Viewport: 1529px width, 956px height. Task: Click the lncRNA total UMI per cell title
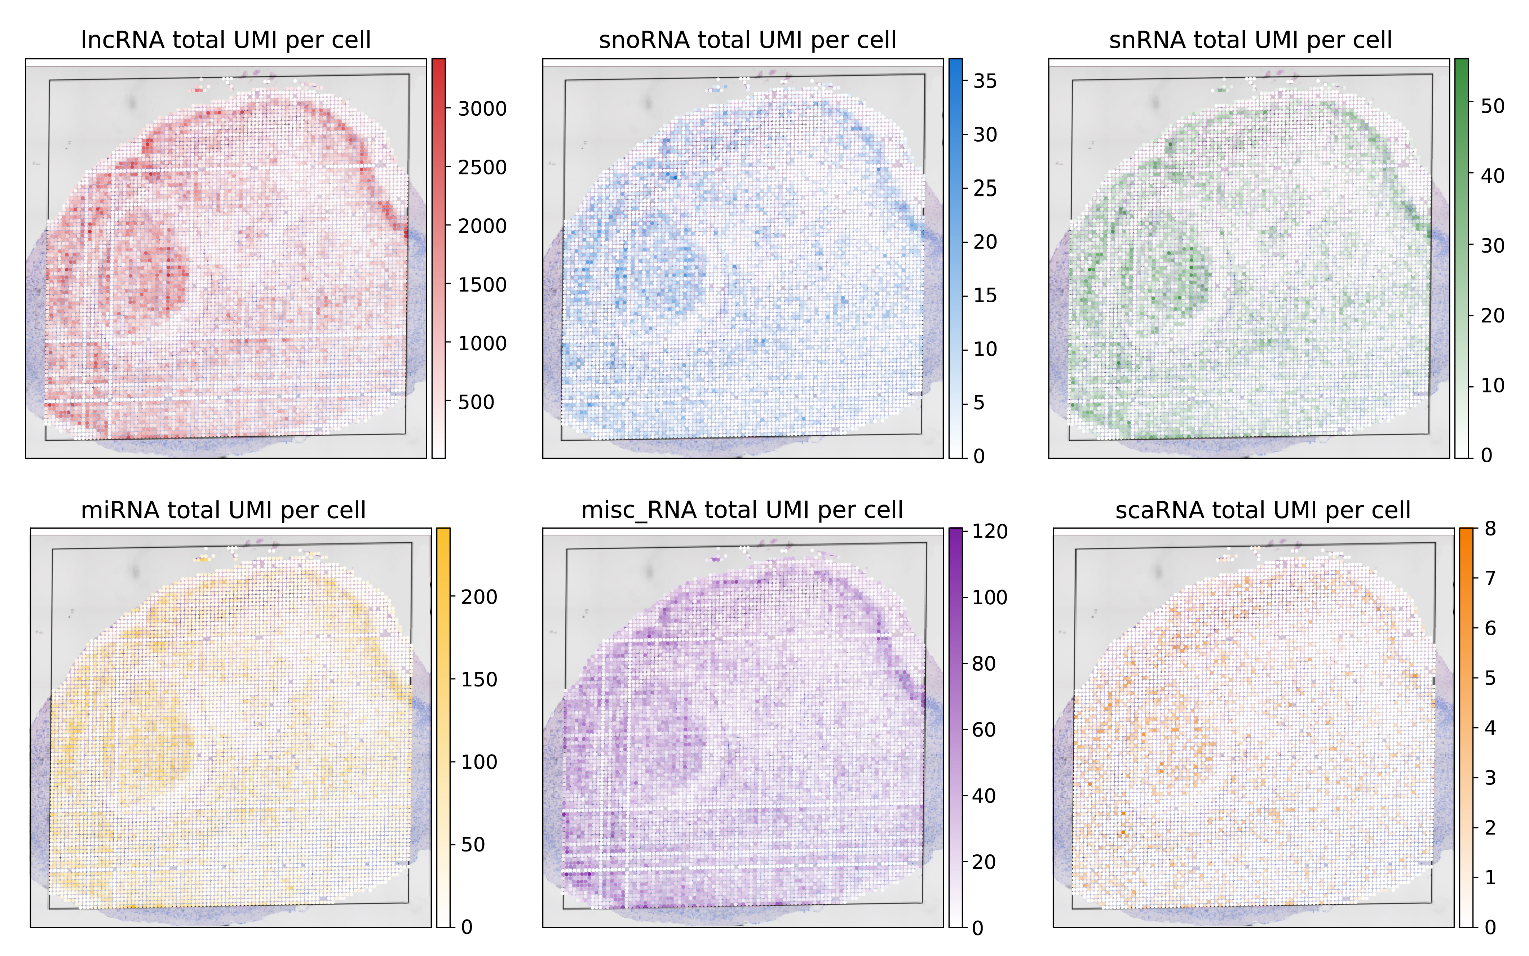pyautogui.click(x=226, y=40)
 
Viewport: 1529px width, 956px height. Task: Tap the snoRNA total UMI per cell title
pyautogui.click(x=747, y=40)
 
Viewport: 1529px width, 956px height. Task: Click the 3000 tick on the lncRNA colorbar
pyautogui.click(x=482, y=109)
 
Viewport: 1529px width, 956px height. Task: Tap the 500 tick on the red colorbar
pyautogui.click(x=476, y=402)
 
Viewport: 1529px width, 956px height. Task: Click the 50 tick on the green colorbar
pyautogui.click(x=1492, y=106)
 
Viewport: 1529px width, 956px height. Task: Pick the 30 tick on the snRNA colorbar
pyautogui.click(x=1492, y=245)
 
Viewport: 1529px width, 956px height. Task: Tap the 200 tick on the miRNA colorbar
pyautogui.click(x=479, y=597)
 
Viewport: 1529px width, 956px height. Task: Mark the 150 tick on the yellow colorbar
pyautogui.click(x=479, y=680)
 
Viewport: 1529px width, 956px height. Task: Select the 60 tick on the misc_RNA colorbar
pyautogui.click(x=984, y=730)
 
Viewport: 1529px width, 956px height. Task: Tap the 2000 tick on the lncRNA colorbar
pyautogui.click(x=482, y=226)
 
